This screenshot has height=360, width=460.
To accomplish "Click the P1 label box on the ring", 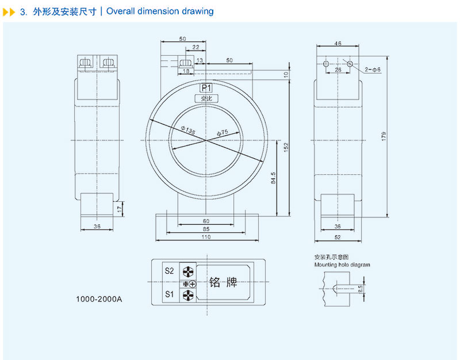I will tap(206, 88).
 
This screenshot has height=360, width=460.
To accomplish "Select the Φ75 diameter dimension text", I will tap(223, 133).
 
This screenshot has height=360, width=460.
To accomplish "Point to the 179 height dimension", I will tap(384, 136).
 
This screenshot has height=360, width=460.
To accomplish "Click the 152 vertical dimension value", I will tap(286, 148).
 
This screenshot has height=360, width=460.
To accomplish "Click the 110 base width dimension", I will tap(206, 237).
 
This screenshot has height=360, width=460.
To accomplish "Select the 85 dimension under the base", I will tap(206, 229).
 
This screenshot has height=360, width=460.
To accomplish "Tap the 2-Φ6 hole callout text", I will tap(373, 70).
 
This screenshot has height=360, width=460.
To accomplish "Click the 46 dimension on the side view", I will tap(338, 44).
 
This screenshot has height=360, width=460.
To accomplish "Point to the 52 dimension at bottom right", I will tap(338, 237).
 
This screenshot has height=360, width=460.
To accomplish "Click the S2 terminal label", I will tap(169, 270).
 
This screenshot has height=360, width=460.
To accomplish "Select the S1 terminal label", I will tap(169, 294).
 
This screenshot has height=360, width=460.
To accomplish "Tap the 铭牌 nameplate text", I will tap(223, 282).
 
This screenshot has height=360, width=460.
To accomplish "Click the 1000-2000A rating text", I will tap(99, 300).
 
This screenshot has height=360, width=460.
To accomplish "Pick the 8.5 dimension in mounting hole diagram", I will tap(360, 288).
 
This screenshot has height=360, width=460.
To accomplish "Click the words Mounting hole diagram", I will tap(342, 265).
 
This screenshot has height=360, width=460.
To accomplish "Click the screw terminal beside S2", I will tap(188, 271).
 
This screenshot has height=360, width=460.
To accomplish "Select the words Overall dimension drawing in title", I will tap(160, 11).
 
